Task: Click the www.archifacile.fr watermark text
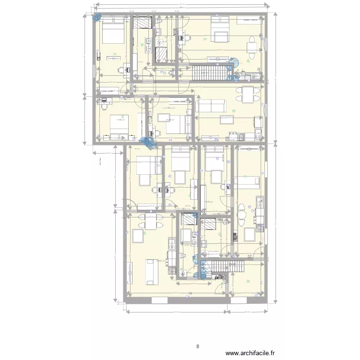[x=250, y=353]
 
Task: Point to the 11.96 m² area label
[x=120, y=120]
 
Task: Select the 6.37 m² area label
[x=188, y=245]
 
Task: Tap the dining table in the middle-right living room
[x=248, y=94]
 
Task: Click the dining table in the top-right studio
[x=252, y=47]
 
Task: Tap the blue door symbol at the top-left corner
[x=97, y=18]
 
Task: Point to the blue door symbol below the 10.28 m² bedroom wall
[x=147, y=141]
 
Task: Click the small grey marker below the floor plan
[x=197, y=345]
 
